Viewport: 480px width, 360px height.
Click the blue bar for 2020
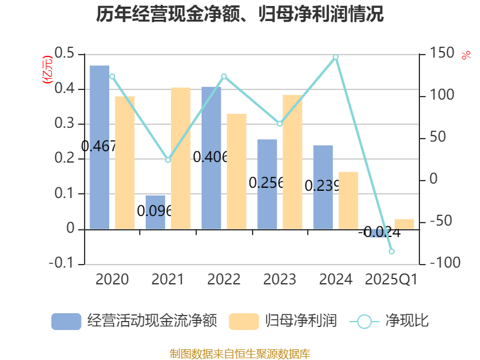(x=100, y=147)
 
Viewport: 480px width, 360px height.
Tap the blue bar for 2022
(x=211, y=157)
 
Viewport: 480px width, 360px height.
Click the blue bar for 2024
(x=323, y=187)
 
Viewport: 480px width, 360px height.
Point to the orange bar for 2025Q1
(x=404, y=224)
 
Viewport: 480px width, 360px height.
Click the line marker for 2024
(x=336, y=58)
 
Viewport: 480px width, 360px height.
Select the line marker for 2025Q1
(x=391, y=251)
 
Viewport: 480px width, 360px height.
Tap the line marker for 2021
(x=168, y=160)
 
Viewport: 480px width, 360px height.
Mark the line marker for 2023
(x=280, y=124)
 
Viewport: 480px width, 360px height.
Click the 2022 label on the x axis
(x=224, y=279)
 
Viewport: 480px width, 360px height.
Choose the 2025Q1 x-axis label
(x=391, y=279)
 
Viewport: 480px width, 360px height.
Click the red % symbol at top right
(x=466, y=56)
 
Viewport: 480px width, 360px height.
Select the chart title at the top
(x=240, y=14)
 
